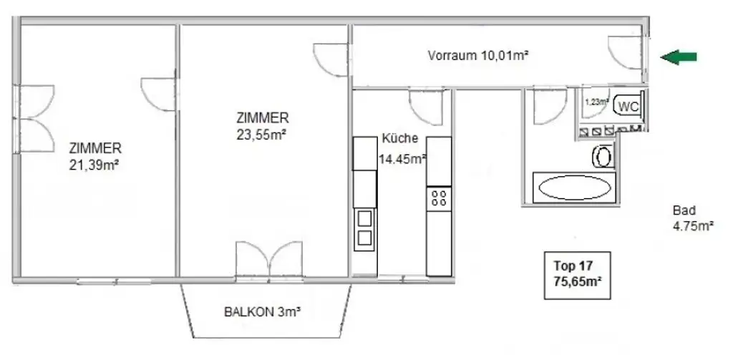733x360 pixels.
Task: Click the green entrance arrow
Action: click(677, 58)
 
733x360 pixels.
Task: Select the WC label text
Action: click(628, 107)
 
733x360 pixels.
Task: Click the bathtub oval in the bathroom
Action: click(575, 189)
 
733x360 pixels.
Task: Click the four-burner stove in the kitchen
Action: click(439, 198)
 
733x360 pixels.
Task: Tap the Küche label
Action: click(400, 140)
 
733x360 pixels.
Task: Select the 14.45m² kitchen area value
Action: click(402, 160)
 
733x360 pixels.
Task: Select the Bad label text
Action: click(684, 211)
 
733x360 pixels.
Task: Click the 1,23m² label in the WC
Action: click(596, 101)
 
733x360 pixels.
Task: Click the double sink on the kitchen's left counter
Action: click(364, 228)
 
